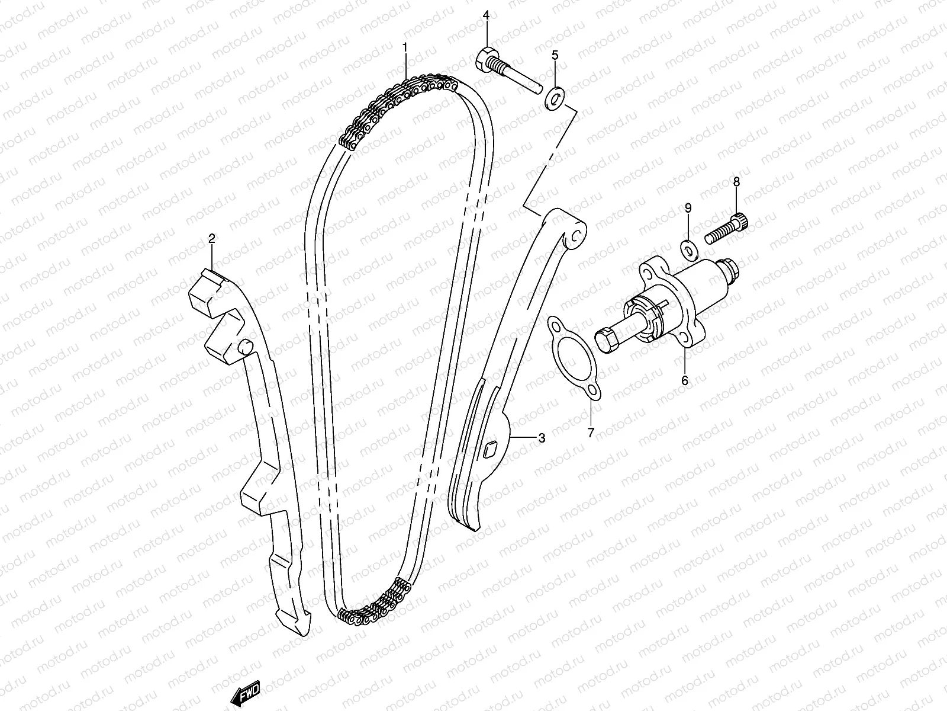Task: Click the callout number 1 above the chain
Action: click(x=405, y=47)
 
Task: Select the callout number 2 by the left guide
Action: click(x=211, y=238)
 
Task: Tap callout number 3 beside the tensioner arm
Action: click(x=542, y=438)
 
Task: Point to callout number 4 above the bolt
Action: click(x=486, y=15)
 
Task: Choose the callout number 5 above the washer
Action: click(x=555, y=56)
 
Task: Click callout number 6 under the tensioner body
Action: click(x=685, y=380)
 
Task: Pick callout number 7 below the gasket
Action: click(x=590, y=433)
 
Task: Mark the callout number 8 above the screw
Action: click(x=736, y=182)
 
